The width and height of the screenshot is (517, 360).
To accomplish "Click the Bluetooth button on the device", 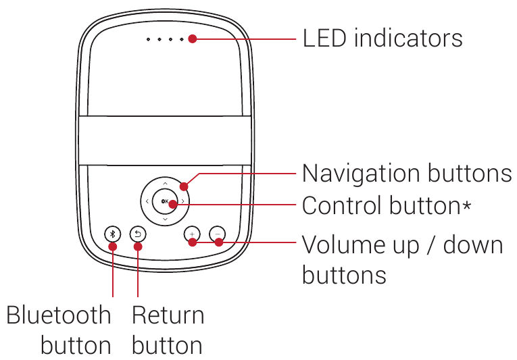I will (113, 234).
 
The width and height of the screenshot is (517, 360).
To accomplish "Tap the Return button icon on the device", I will (138, 234).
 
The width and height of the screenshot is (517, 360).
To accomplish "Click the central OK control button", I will (164, 201).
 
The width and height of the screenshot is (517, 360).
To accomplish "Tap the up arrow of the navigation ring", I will (165, 182).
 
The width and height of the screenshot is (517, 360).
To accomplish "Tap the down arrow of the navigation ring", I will (165, 220).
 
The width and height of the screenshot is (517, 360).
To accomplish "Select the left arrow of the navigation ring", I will (146, 201).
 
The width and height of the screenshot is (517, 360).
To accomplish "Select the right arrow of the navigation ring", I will (183, 201).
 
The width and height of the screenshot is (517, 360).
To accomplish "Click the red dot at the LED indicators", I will (193, 39).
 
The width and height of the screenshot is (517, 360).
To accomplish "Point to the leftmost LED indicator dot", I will (149, 39).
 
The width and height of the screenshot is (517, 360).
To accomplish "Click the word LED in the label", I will (326, 38).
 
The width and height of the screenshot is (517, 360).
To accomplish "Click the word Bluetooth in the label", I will (59, 315).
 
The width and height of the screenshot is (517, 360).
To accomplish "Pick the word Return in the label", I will (168, 315).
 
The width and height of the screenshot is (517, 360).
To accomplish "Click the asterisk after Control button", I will (467, 205).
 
